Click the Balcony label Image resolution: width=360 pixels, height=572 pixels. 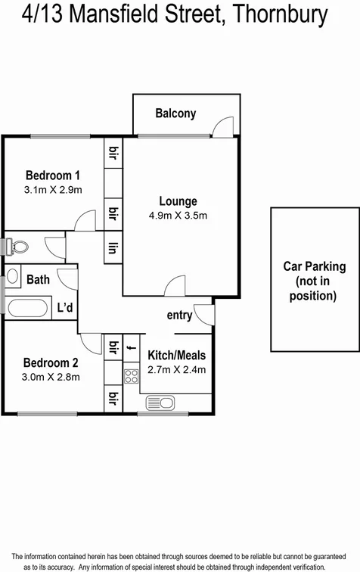tap(175, 113)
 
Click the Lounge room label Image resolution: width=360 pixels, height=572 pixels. tap(178, 201)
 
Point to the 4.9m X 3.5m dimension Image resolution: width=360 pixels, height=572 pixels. tap(178, 216)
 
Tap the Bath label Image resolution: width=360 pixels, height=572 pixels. tap(38, 280)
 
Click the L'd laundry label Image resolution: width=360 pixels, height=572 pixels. tap(66, 307)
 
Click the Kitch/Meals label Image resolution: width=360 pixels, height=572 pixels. tap(176, 355)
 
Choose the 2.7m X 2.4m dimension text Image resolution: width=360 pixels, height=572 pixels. tap(176, 370)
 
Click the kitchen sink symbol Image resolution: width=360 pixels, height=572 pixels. tap(162, 402)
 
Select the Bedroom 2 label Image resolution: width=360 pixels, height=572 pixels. tap(51, 361)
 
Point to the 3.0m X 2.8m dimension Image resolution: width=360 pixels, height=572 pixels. tap(51, 376)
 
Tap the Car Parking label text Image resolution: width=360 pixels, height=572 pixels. tap(314, 266)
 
